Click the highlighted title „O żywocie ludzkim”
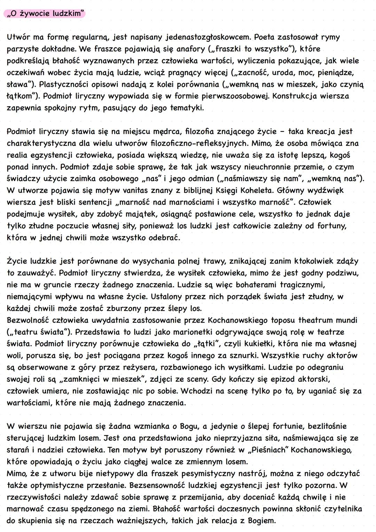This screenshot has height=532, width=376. (45, 14)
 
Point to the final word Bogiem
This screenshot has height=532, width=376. (261, 521)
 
